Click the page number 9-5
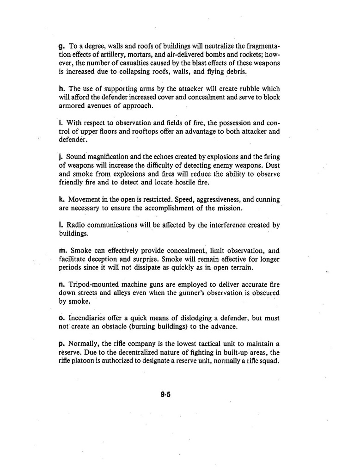[166, 394]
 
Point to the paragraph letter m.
[63, 251]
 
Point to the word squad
[269, 361]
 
